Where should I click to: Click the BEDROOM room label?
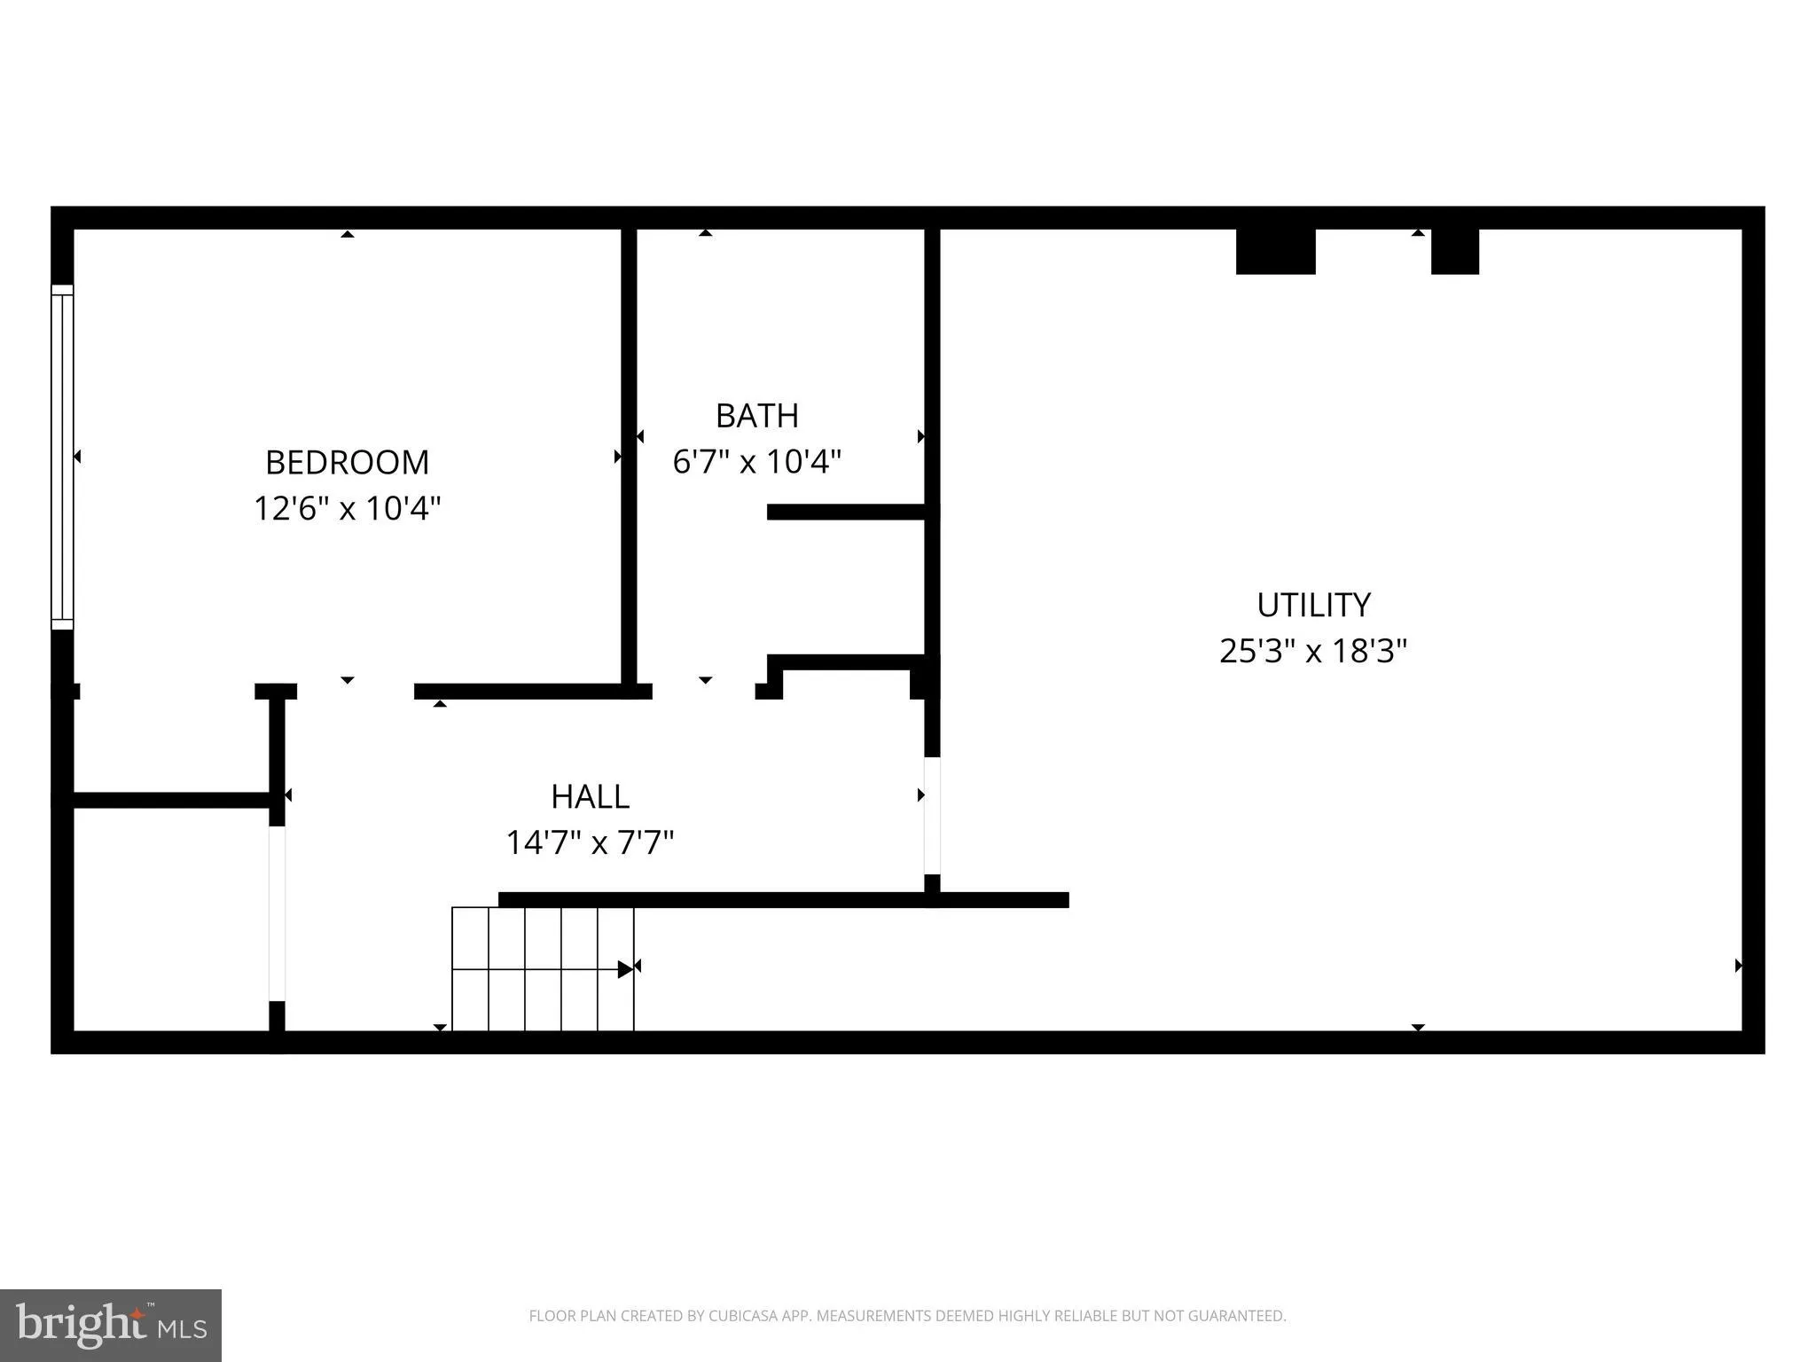click(x=347, y=463)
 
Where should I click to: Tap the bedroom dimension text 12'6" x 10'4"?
click(x=347, y=509)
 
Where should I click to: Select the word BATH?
click(x=756, y=416)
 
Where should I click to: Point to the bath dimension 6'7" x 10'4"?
click(x=756, y=462)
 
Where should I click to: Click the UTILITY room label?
click(x=1313, y=606)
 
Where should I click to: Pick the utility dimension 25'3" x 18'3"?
click(x=1313, y=652)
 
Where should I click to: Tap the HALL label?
click(x=590, y=797)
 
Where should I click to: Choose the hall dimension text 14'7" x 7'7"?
click(x=590, y=842)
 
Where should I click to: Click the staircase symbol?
click(x=543, y=969)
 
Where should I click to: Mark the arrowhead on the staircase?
click(x=626, y=969)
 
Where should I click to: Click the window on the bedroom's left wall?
click(x=62, y=457)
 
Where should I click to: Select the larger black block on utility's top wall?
click(x=1275, y=252)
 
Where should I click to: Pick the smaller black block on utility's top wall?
click(x=1454, y=252)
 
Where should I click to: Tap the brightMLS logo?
click(x=111, y=1325)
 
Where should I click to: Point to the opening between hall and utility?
click(x=932, y=816)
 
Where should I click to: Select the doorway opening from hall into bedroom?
click(x=355, y=692)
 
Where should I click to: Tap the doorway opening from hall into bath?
click(x=703, y=692)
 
